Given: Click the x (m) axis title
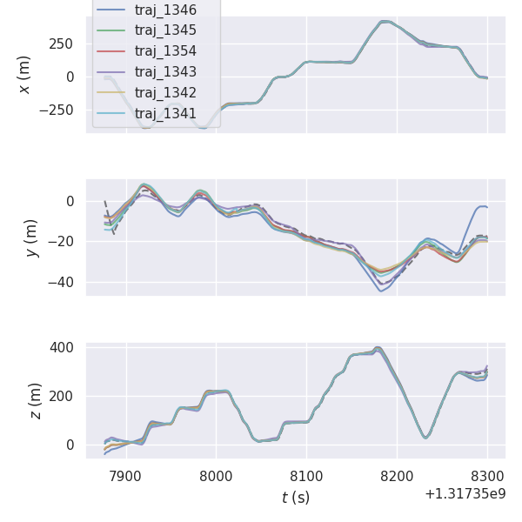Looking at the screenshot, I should [24, 75].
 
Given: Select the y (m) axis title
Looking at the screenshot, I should [31, 238].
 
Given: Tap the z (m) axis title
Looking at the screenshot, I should [36, 400].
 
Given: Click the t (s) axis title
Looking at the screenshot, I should [296, 498].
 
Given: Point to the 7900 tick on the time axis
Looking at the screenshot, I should [126, 476].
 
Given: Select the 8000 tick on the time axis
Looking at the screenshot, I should [217, 476].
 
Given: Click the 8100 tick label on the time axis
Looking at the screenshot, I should [306, 476].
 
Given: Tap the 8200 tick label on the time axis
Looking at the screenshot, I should [397, 476].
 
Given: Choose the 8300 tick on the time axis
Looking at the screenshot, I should [487, 476].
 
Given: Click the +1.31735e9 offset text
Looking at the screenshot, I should [465, 494].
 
